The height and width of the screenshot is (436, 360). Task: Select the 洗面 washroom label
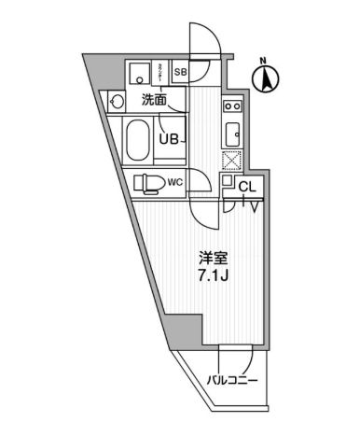(155, 98)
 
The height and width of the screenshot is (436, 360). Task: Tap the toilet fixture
(148, 183)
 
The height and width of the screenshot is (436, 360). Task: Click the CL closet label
(247, 187)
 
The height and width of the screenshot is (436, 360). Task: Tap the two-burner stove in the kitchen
(232, 108)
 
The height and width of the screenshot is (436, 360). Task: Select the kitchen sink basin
(233, 132)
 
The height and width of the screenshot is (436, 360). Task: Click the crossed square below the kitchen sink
(231, 160)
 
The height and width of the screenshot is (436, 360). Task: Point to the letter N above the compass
(264, 62)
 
